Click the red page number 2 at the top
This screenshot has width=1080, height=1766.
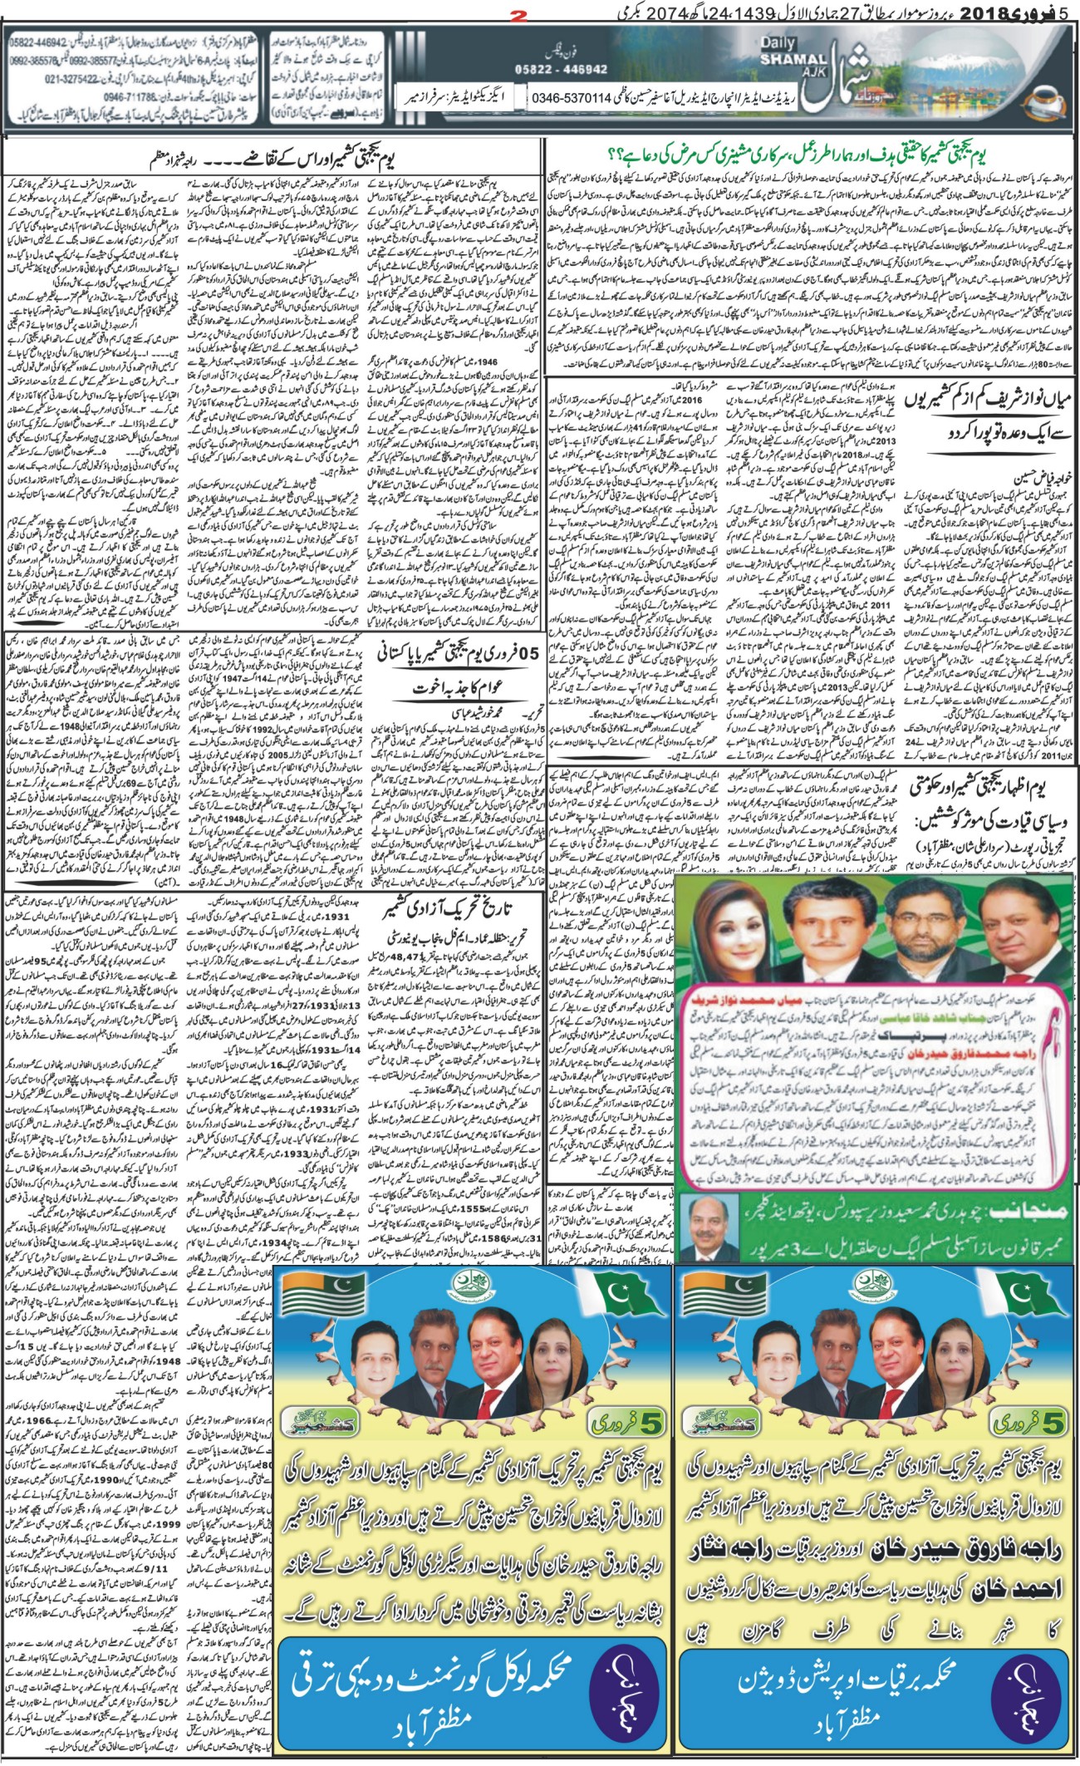(542, 14)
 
